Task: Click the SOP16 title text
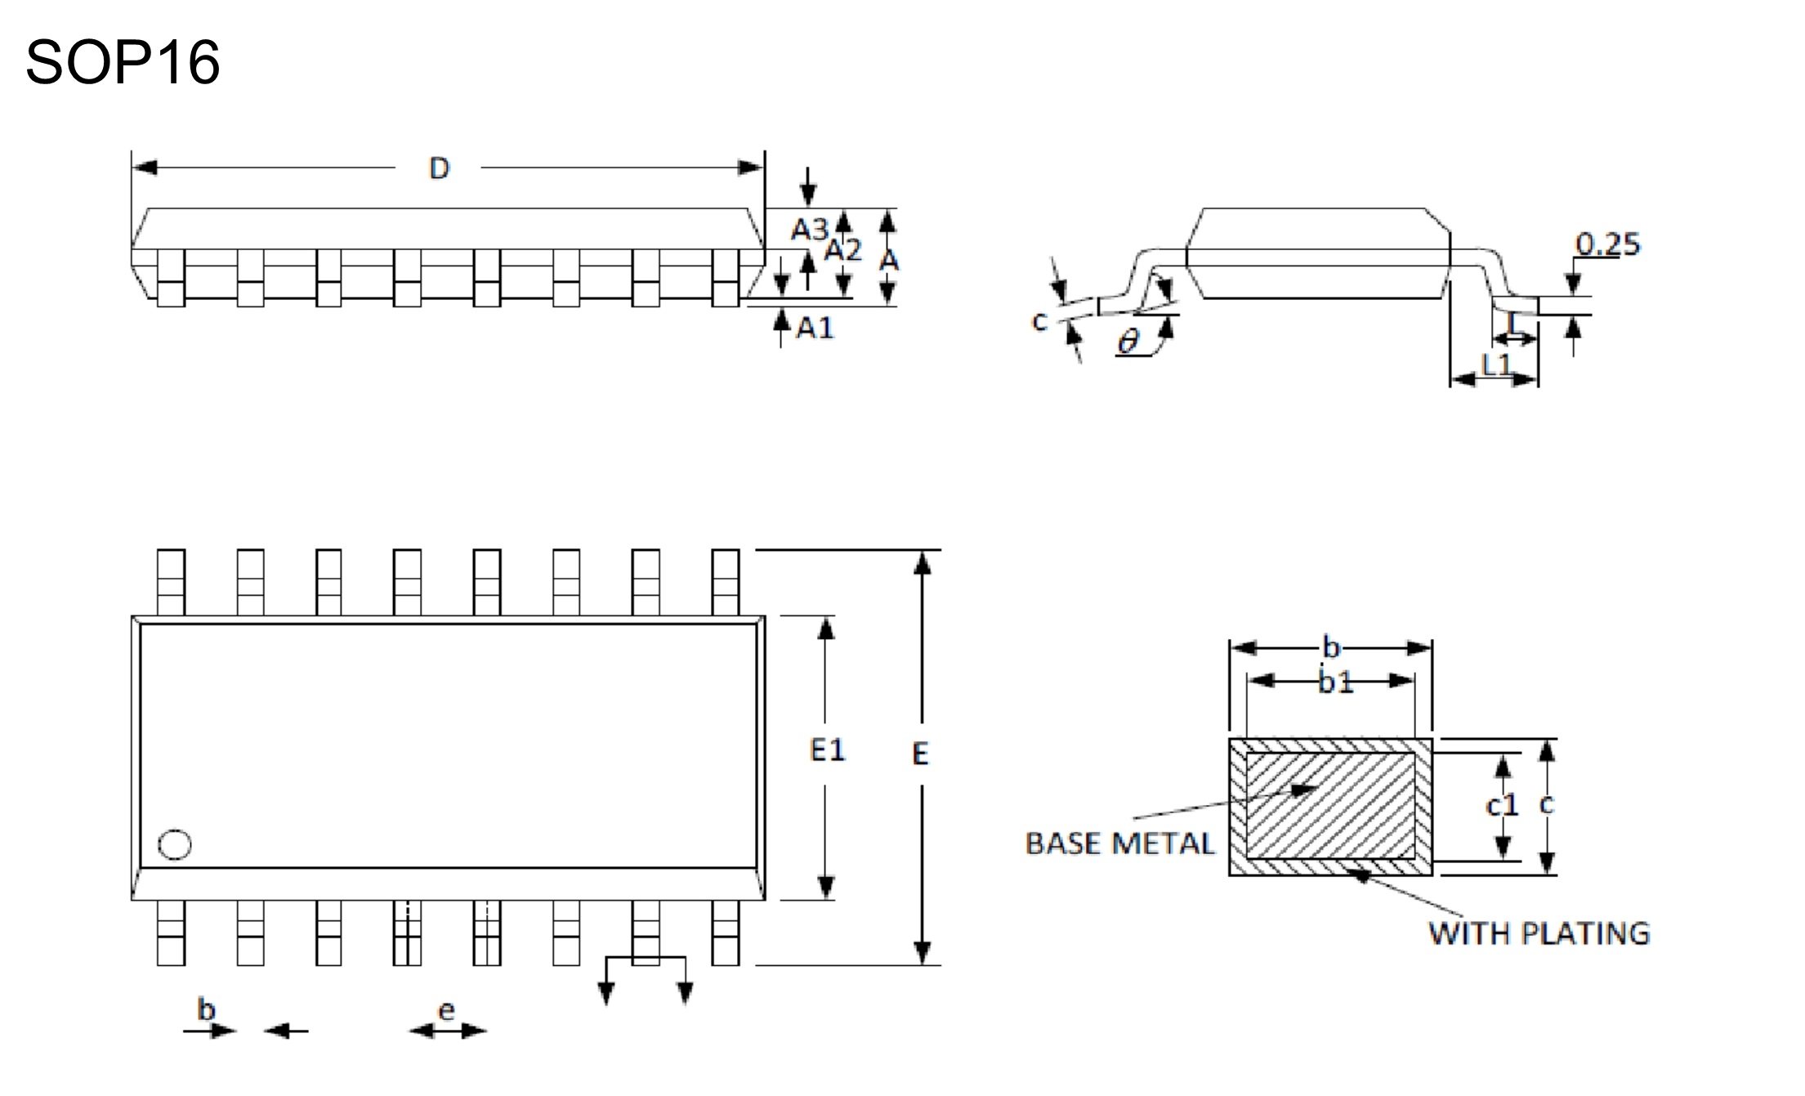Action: pyautogui.click(x=123, y=62)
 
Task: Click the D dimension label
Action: pyautogui.click(x=439, y=168)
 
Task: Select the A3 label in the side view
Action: pyautogui.click(x=809, y=230)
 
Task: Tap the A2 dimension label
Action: pyautogui.click(x=842, y=250)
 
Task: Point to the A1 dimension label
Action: pyautogui.click(x=815, y=328)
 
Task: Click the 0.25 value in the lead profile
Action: pyautogui.click(x=1607, y=244)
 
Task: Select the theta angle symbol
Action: pyautogui.click(x=1128, y=342)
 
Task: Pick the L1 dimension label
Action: pyautogui.click(x=1496, y=365)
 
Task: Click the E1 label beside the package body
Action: pyautogui.click(x=827, y=749)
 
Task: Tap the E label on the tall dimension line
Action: pyautogui.click(x=920, y=754)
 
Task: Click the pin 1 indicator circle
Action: pyautogui.click(x=174, y=845)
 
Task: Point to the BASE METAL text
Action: pyautogui.click(x=1119, y=843)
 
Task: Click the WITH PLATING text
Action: pyautogui.click(x=1539, y=933)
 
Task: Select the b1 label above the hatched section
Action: pyautogui.click(x=1335, y=682)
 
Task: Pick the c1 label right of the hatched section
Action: pyautogui.click(x=1501, y=806)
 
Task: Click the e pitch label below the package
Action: pyautogui.click(x=446, y=1011)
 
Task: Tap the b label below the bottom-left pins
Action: pyautogui.click(x=206, y=1009)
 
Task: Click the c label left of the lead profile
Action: pyautogui.click(x=1039, y=321)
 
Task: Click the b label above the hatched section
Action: pyautogui.click(x=1332, y=648)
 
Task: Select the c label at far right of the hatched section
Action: pyautogui.click(x=1546, y=804)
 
